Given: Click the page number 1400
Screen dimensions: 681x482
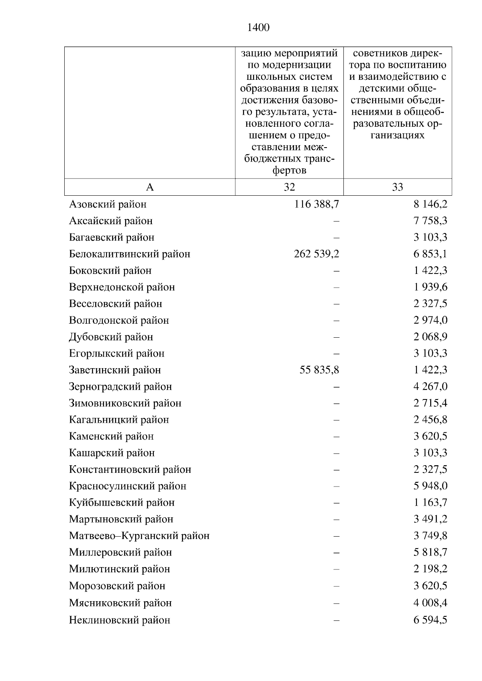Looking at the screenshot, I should click(258, 28).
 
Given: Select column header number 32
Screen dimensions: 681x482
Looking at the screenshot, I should click(289, 187).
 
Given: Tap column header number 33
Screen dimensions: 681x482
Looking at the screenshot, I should click(397, 187).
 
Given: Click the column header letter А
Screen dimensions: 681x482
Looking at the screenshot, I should click(150, 187).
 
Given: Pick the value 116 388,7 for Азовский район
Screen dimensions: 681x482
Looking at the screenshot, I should click(317, 205).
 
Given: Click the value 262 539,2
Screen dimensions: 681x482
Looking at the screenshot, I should click(317, 254).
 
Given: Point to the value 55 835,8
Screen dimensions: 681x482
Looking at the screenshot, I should click(319, 370).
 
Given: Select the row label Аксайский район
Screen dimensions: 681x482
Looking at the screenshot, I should click(111, 221).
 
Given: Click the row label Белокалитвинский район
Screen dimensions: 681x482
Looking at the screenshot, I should click(130, 254).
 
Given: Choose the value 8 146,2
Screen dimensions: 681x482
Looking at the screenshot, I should click(430, 205).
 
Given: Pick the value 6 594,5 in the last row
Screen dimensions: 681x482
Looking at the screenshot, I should click(430, 620).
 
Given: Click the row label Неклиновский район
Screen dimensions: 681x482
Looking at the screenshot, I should click(120, 620).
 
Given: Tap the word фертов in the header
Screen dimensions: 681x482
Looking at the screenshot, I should click(289, 170).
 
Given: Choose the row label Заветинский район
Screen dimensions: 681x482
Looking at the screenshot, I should click(115, 370).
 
